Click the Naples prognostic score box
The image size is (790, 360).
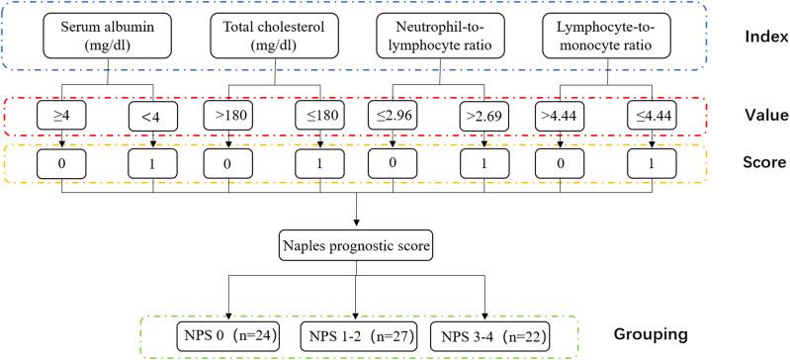coord(356,243)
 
